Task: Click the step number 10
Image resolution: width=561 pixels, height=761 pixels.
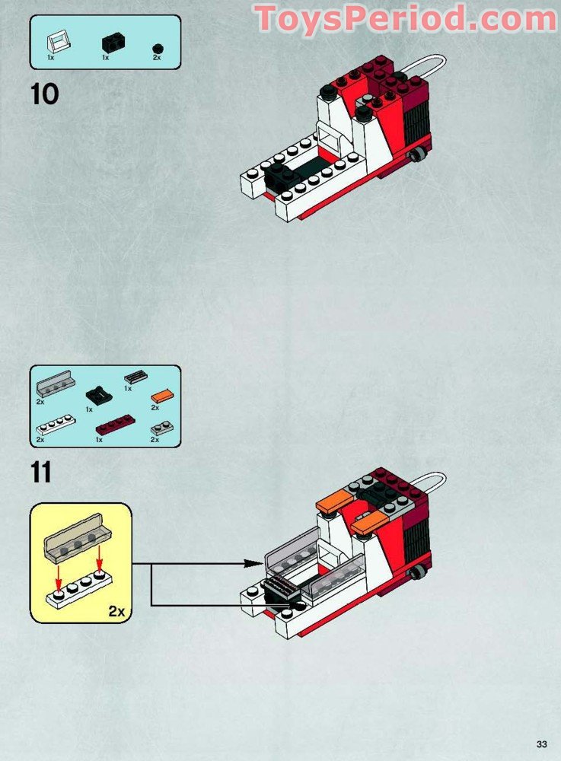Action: click(45, 94)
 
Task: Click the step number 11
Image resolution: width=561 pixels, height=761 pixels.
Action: click(42, 473)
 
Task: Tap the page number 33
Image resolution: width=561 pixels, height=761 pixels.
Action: click(541, 743)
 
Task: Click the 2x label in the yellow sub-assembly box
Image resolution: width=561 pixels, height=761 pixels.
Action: click(116, 611)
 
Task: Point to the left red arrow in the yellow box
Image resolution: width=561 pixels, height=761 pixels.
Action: click(57, 572)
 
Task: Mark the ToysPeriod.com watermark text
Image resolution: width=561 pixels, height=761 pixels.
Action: click(405, 19)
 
